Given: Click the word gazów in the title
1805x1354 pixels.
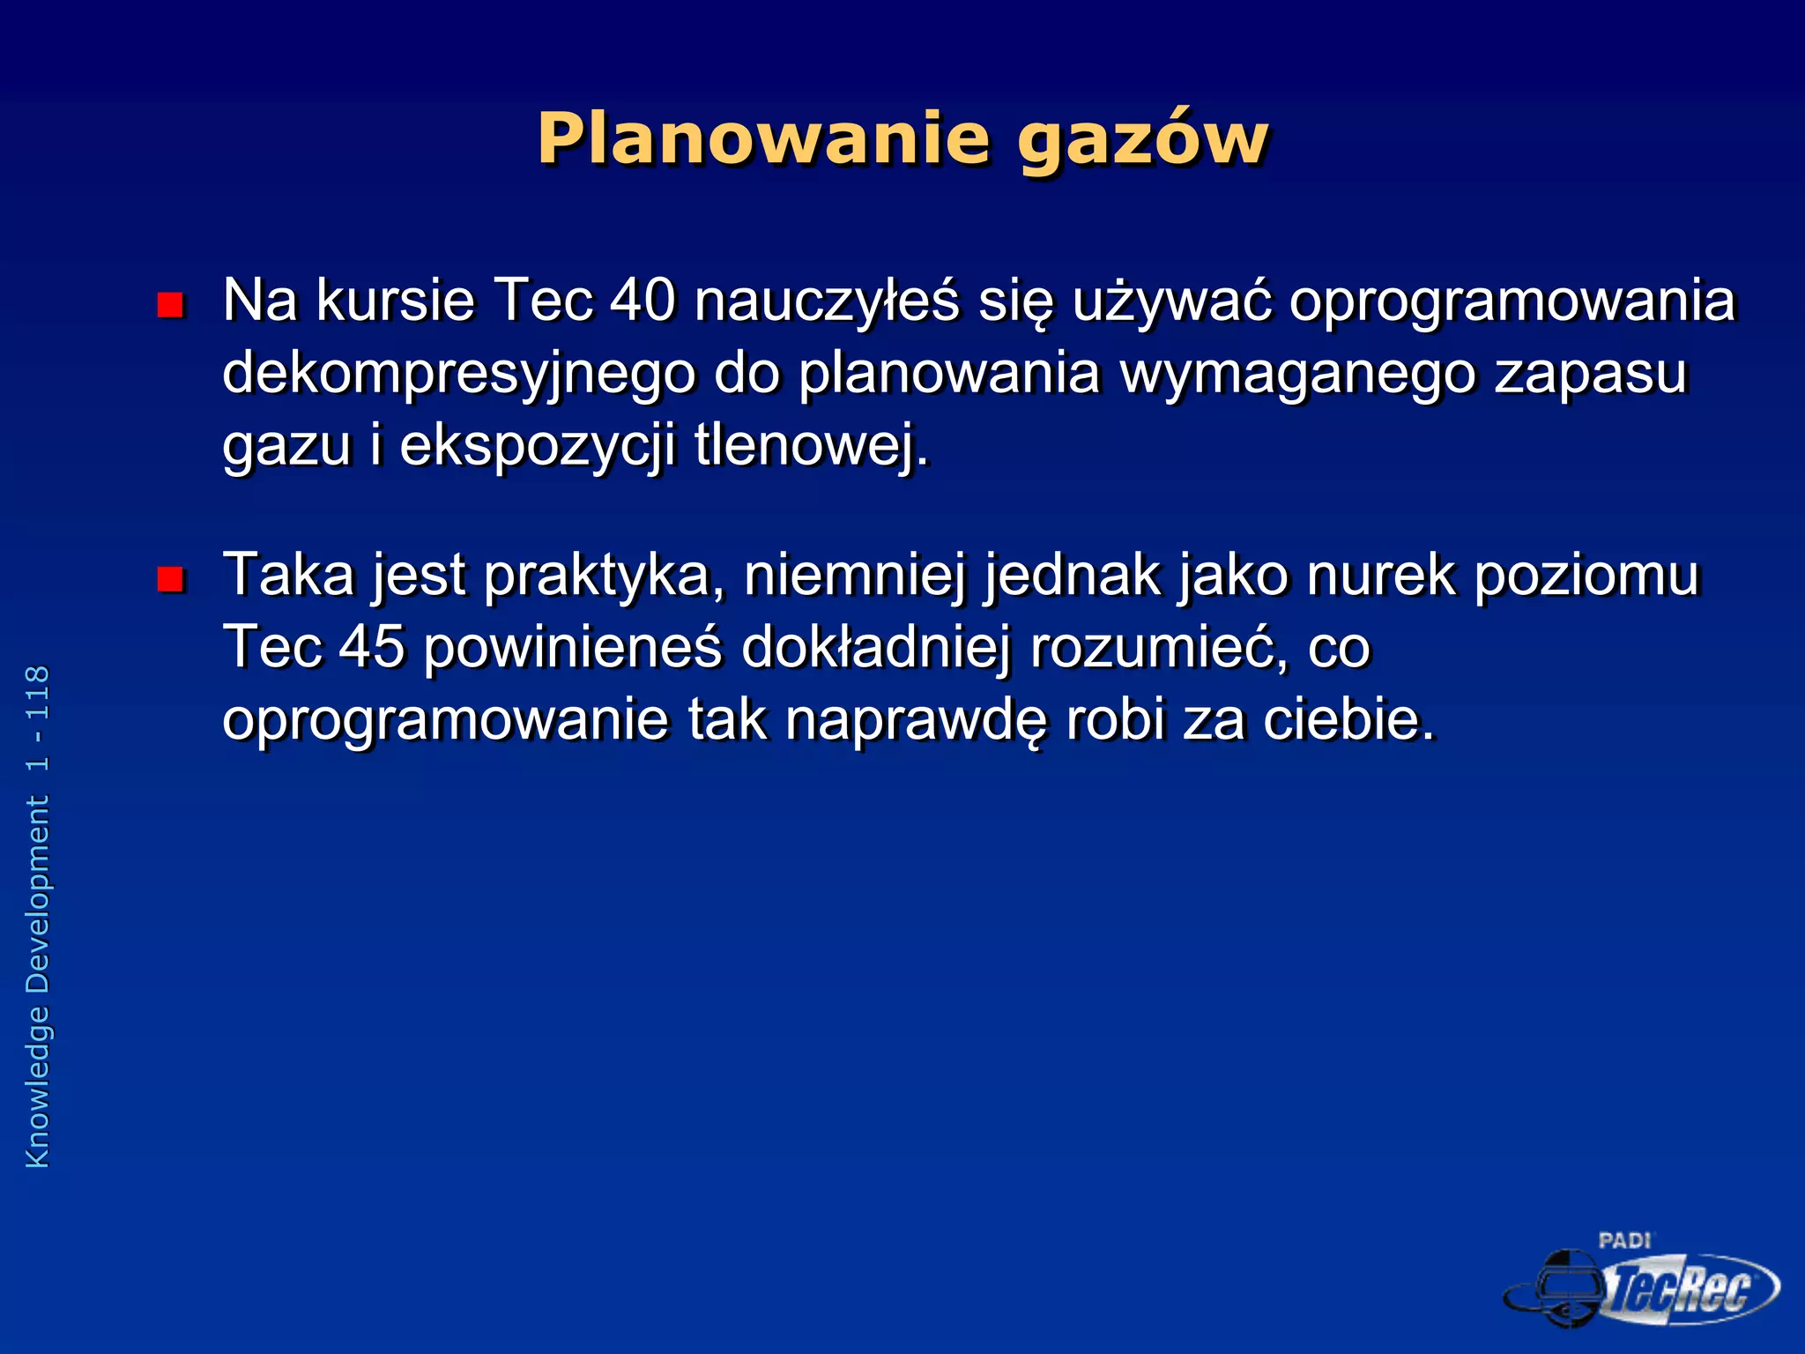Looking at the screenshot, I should (x=1142, y=141).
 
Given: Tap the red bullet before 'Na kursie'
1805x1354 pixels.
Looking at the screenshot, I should (x=170, y=305).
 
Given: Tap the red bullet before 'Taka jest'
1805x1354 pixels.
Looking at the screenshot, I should (x=170, y=579).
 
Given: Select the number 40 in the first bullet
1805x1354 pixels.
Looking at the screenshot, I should (x=643, y=301).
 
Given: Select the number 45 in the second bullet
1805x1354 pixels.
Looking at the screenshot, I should (x=372, y=647).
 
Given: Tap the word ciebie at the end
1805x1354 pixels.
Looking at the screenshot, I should (x=1348, y=719).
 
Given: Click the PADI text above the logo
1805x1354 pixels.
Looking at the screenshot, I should (x=1624, y=1241).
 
